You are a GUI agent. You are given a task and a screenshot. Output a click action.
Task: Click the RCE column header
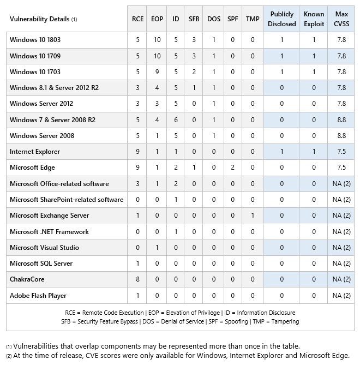pyautogui.click(x=137, y=19)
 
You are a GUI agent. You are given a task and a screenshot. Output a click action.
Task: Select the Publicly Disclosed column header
pyautogui.click(x=281, y=19)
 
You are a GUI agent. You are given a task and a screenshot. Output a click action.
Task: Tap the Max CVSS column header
pyautogui.click(x=341, y=19)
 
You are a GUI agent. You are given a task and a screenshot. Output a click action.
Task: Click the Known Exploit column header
pyautogui.click(x=314, y=19)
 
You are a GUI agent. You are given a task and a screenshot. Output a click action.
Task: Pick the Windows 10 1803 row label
pyautogui.click(x=35, y=40)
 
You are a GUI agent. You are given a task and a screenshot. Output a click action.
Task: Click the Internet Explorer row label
pyautogui.click(x=35, y=152)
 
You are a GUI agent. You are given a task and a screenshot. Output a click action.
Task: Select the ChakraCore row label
pyautogui.click(x=27, y=279)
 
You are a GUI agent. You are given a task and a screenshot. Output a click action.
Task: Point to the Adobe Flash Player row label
pyautogui.click(x=38, y=296)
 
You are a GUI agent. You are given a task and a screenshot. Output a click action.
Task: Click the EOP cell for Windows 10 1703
pyautogui.click(x=157, y=72)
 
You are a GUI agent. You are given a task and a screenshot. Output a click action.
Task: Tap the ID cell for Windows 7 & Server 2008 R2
pyautogui.click(x=176, y=120)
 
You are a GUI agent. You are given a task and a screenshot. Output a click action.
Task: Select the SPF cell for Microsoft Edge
pyautogui.click(x=232, y=167)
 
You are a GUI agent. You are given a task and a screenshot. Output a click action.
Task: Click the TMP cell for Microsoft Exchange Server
pyautogui.click(x=253, y=216)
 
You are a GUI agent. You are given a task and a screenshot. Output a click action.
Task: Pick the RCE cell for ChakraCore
pyautogui.click(x=137, y=279)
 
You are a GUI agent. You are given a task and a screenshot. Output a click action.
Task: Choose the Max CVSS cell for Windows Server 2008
pyautogui.click(x=341, y=136)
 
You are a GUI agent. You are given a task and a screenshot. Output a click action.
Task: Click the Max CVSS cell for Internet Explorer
pyautogui.click(x=341, y=152)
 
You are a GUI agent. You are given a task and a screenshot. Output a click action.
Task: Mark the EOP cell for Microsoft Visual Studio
pyautogui.click(x=157, y=248)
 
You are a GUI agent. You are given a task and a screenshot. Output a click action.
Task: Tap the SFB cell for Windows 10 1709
pyautogui.click(x=194, y=56)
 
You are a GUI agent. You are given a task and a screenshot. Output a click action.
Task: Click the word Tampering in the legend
pyautogui.click(x=285, y=322)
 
